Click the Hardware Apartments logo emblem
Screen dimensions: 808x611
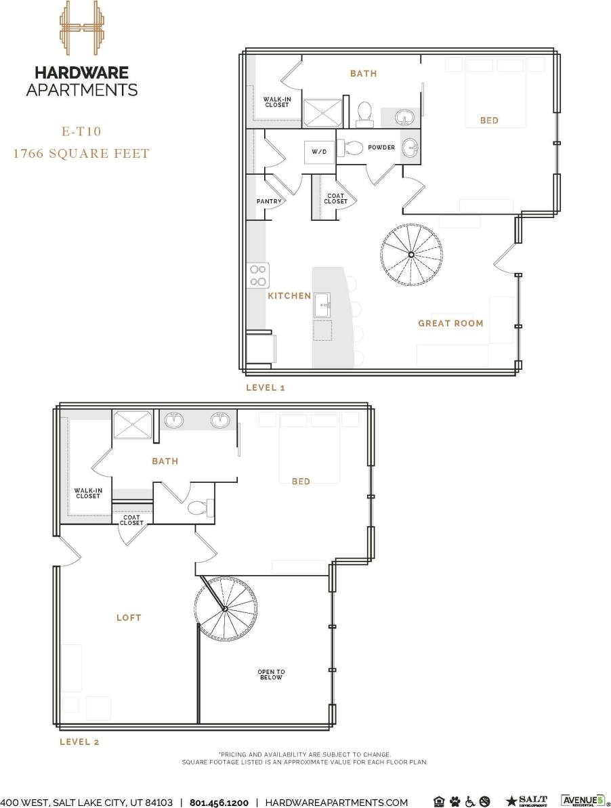81,30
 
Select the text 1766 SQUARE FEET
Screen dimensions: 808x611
81,154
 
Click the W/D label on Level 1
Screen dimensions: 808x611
319,152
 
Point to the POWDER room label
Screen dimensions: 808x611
381,148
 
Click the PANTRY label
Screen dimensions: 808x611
268,201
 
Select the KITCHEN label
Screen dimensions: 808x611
289,296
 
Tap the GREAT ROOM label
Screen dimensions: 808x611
450,324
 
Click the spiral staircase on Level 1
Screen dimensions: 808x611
412,254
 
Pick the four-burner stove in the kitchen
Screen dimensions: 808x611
258,275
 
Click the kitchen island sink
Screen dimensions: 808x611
322,305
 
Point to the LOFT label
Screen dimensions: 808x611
129,618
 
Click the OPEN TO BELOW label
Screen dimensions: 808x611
271,675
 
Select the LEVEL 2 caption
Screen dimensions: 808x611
79,742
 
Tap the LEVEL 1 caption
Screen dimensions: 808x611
266,387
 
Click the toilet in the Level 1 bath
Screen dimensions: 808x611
364,114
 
